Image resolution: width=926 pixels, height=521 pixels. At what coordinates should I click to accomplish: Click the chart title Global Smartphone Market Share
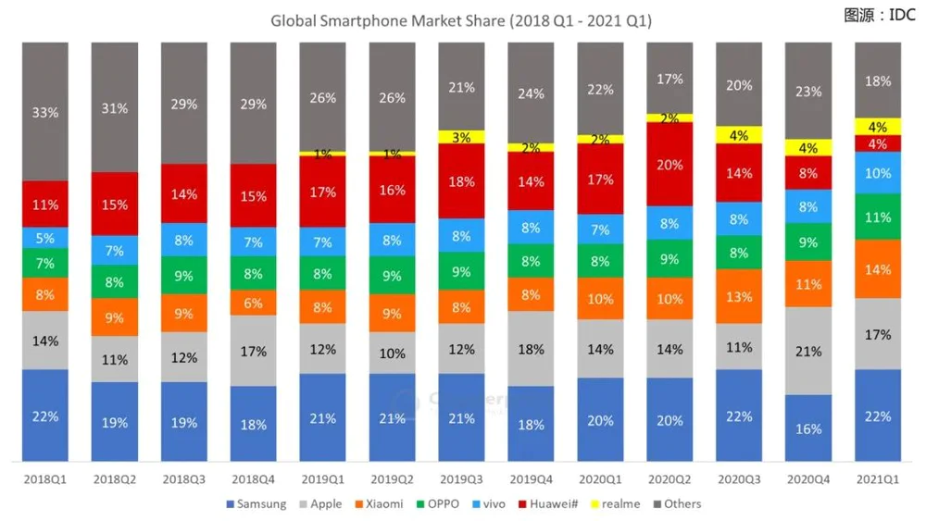pyautogui.click(x=460, y=20)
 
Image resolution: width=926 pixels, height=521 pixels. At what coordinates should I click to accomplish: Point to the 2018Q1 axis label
pyautogui.click(x=45, y=480)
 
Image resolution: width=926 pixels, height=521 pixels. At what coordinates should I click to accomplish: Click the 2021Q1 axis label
pyautogui.click(x=878, y=480)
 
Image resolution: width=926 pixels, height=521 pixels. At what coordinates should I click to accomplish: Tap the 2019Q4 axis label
pyautogui.click(x=531, y=480)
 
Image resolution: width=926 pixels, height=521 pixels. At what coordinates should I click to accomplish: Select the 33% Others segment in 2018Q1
pyautogui.click(x=45, y=112)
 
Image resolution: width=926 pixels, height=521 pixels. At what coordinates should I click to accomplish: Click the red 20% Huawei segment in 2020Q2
pyautogui.click(x=669, y=165)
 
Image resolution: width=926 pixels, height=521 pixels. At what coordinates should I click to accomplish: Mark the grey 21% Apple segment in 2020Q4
pyautogui.click(x=808, y=352)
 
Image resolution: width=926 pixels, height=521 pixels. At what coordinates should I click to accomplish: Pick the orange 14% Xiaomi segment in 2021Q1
pyautogui.click(x=878, y=269)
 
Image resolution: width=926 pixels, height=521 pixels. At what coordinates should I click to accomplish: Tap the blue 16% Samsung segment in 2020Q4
pyautogui.click(x=808, y=428)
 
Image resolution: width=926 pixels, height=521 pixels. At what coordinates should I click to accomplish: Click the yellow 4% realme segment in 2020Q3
pyautogui.click(x=739, y=135)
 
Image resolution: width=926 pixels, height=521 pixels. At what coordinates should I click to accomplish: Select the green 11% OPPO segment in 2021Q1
pyautogui.click(x=878, y=217)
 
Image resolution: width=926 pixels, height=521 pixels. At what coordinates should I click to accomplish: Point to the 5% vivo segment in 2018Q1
pyautogui.click(x=45, y=238)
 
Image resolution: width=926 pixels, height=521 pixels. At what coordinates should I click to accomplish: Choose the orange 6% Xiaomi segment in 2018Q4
pyautogui.click(x=253, y=302)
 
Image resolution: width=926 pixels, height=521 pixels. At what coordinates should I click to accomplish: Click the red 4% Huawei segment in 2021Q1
pyautogui.click(x=878, y=144)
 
